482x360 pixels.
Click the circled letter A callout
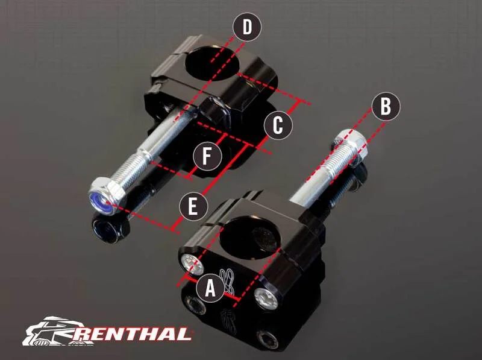coord(210,288)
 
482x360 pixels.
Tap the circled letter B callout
coord(386,107)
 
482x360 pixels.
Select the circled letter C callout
coord(278,125)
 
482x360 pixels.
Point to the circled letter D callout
coord(247,27)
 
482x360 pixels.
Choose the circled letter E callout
coord(193,206)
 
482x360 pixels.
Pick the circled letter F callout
coord(207,156)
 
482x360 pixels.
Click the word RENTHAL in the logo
coord(131,334)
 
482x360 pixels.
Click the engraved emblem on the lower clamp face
coord(228,280)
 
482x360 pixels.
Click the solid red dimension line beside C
coord(279,122)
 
